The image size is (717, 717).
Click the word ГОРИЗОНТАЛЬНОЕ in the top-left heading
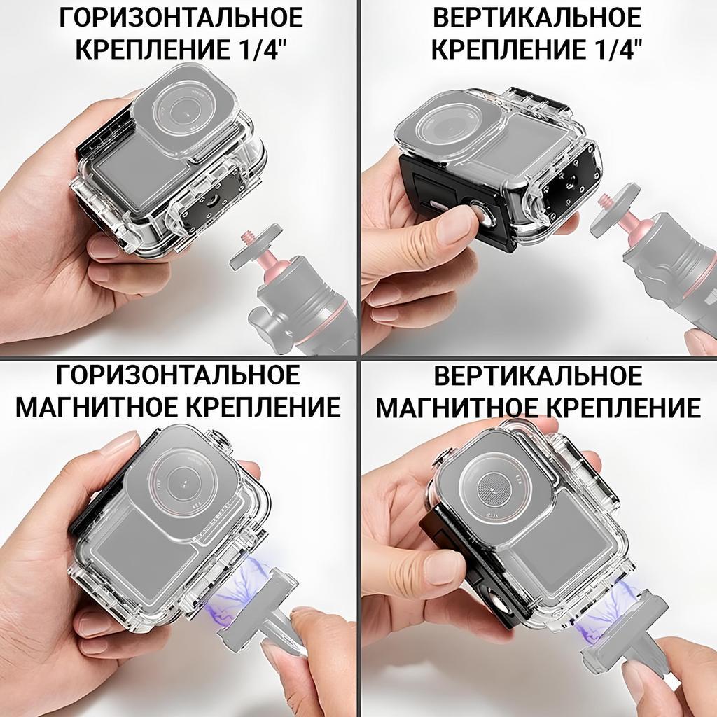tap(181, 18)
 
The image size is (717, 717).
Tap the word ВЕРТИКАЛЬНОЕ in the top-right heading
tap(537, 18)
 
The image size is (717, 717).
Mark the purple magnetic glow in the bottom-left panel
tap(235, 590)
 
